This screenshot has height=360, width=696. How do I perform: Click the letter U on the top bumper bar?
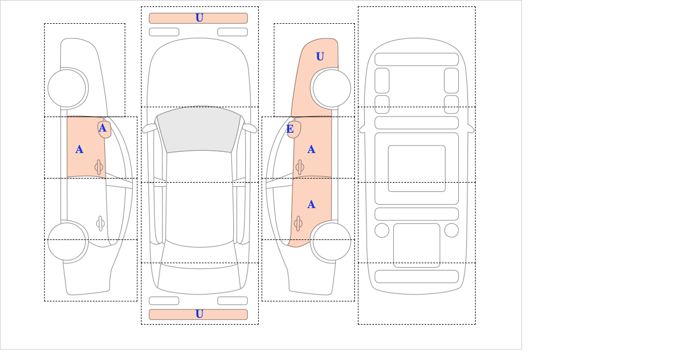pos(200,18)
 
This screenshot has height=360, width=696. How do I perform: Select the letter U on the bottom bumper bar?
pos(200,314)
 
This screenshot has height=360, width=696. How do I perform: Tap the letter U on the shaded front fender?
pos(320,57)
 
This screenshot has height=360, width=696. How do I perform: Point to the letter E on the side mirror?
pos(290,129)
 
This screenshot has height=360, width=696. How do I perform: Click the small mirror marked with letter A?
pos(104,129)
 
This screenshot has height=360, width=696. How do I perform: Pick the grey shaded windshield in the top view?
pos(199,130)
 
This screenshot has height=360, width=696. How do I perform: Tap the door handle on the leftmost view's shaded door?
pos(99,168)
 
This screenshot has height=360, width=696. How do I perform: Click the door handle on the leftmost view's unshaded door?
pos(100,224)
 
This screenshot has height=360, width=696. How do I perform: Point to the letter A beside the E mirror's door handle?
pos(311,150)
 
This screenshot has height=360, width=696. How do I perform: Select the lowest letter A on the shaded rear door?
pos(311,205)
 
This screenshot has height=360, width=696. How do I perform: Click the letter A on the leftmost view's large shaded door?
pos(79,150)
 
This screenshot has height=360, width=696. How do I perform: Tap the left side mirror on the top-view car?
pos(150,128)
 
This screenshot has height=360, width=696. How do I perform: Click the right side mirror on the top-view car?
pos(249,128)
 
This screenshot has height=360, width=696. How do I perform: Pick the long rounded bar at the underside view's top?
pos(416,59)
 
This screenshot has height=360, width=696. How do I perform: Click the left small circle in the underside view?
pos(382,231)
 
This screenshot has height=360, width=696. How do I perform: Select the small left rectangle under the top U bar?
pos(164,32)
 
